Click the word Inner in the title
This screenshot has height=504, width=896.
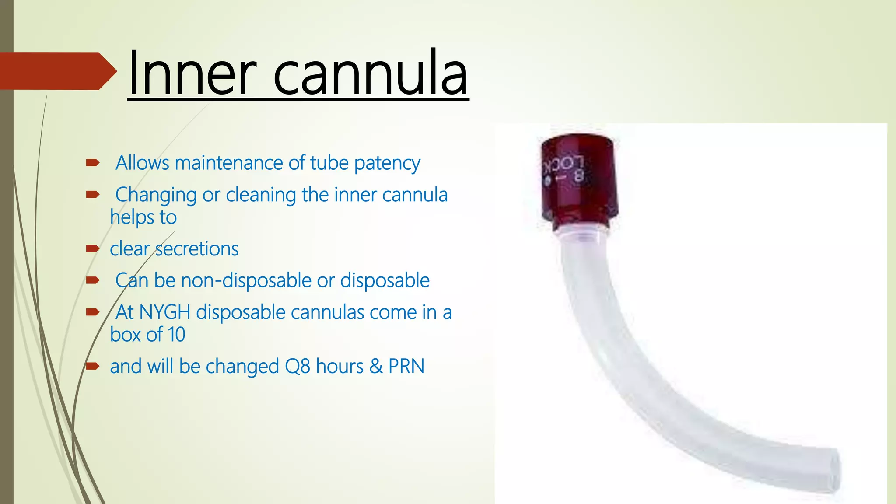point(192,73)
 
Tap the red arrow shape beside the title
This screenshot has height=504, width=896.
point(57,71)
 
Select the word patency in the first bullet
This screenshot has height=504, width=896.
point(387,164)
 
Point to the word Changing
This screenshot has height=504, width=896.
point(156,195)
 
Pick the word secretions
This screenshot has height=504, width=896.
point(196,249)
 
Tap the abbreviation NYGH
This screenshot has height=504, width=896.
point(164,312)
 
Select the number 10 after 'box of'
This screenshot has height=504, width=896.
point(176,335)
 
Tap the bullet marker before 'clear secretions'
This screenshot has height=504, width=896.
point(93,248)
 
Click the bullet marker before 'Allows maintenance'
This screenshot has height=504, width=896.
point(93,163)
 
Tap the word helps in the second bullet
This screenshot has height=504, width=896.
point(132,217)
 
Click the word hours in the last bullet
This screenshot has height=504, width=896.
point(339,367)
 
